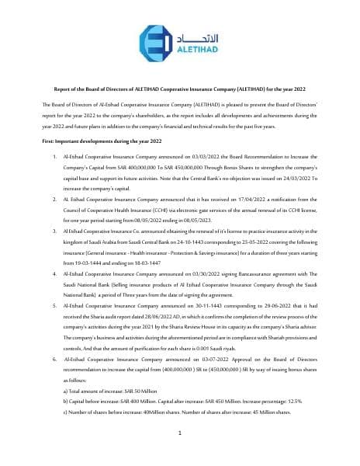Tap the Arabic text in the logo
(x=192, y=37)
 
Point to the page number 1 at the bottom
(x=179, y=433)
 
